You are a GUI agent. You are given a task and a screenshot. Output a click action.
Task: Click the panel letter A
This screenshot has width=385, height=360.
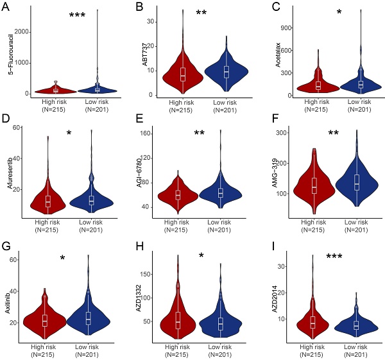[x=10, y=9]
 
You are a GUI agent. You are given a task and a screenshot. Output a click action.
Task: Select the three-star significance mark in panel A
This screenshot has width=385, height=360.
[x=76, y=15]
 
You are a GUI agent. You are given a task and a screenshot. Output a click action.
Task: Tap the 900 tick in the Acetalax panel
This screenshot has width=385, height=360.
[x=286, y=28]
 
